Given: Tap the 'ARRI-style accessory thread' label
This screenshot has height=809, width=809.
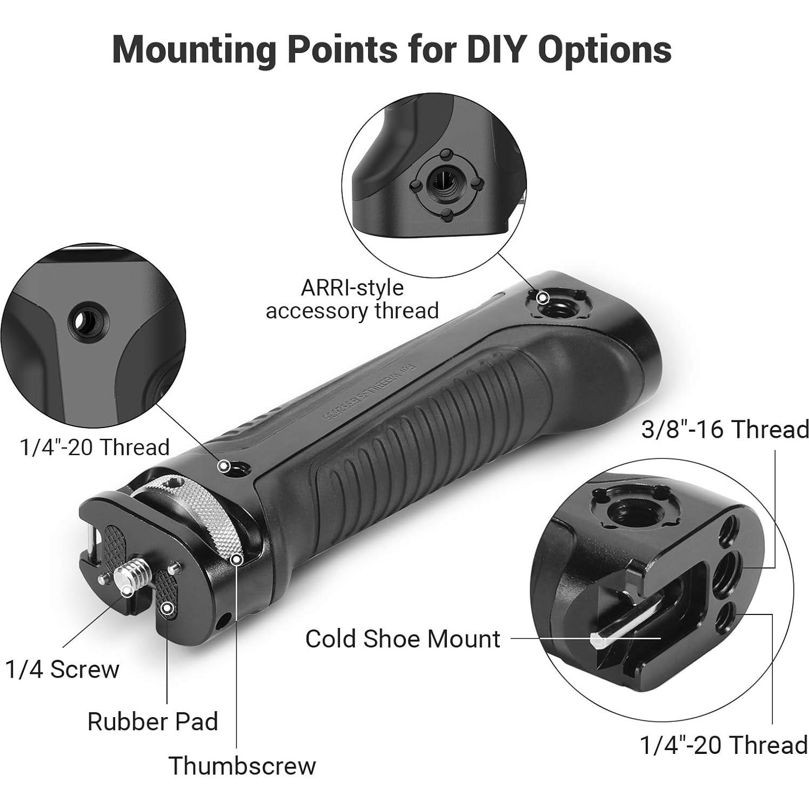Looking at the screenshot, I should tap(352, 299).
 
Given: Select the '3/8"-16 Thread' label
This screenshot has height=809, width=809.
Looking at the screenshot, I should tap(725, 430).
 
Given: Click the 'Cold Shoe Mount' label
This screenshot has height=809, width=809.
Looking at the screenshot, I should tap(403, 639).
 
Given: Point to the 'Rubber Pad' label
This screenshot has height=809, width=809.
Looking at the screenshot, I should tap(153, 721).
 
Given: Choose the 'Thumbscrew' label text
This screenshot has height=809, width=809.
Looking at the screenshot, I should tap(242, 766).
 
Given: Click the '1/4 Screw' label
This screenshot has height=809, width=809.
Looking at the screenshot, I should tap(63, 670).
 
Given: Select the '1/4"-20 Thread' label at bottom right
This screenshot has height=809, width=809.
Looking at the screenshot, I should tap(724, 745).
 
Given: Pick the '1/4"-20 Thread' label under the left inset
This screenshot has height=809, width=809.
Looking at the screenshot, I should tap(95, 447).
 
